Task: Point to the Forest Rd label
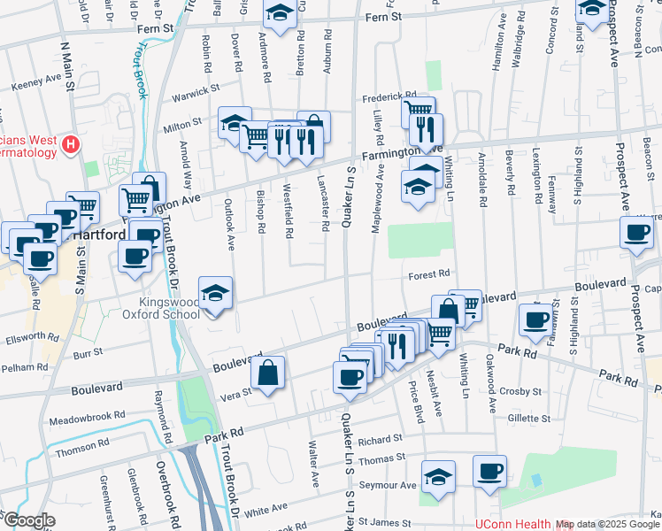tap(430, 275)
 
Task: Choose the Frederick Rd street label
tap(388, 96)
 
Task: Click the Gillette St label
tap(529, 418)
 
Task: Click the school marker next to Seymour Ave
tap(437, 476)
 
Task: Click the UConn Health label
tap(507, 524)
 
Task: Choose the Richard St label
tap(381, 438)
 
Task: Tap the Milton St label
tap(183, 128)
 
